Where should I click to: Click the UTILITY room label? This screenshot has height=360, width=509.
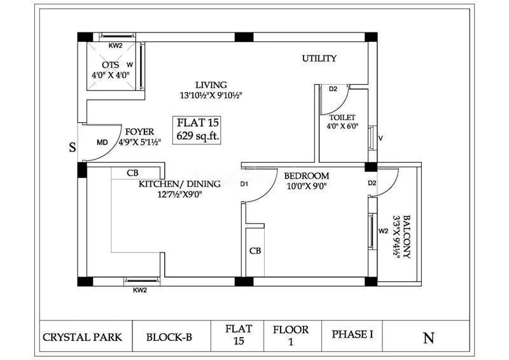click(319, 59)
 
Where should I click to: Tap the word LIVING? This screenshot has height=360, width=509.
click(211, 85)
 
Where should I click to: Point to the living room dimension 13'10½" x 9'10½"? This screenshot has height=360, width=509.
click(211, 95)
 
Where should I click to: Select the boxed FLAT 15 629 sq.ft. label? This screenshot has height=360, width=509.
click(199, 128)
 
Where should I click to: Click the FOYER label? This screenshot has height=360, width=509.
click(139, 132)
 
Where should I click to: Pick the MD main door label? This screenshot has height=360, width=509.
click(102, 142)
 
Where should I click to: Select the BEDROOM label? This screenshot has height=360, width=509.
click(306, 176)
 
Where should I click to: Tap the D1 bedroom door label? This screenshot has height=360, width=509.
click(244, 184)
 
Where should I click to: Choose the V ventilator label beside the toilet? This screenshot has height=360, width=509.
click(380, 138)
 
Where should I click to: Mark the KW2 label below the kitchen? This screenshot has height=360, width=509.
click(140, 290)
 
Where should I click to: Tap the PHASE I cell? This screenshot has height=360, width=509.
click(352, 335)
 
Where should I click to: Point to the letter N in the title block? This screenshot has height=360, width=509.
click(429, 337)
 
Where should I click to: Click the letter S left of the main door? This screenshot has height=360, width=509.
click(72, 148)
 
